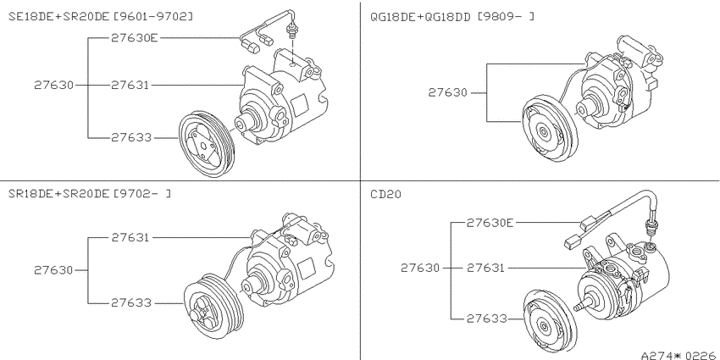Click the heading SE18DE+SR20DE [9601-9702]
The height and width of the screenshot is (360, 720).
pos(101,17)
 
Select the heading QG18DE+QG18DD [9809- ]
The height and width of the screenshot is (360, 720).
pos(452,17)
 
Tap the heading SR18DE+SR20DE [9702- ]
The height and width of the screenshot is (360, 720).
pos(90,194)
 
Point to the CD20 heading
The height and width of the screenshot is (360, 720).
pos(385,194)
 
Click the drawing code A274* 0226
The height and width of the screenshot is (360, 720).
pos(679,356)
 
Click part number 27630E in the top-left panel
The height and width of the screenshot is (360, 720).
pos(134,37)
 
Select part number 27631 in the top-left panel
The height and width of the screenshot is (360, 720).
pos(130,85)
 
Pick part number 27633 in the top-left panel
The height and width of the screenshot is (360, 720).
pos(131,137)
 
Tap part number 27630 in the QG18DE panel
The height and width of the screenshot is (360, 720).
pos(448,93)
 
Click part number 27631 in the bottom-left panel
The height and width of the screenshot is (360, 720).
pos(130,237)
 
